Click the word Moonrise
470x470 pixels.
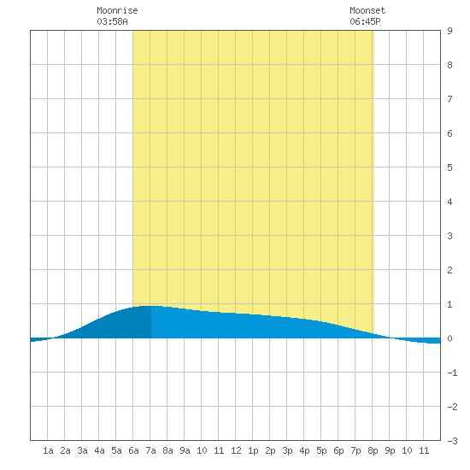click(x=117, y=10)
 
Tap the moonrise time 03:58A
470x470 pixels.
click(x=112, y=21)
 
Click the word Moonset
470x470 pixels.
click(x=367, y=10)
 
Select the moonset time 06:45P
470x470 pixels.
click(x=365, y=21)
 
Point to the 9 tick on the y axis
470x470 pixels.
click(x=449, y=31)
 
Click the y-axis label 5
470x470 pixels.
click(x=449, y=167)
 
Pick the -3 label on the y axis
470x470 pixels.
click(x=452, y=441)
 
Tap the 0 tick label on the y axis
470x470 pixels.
click(x=449, y=338)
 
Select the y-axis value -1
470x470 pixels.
click(x=452, y=373)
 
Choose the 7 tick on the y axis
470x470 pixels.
click(x=449, y=99)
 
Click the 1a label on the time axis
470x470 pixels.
click(x=48, y=450)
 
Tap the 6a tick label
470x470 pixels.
click(x=133, y=450)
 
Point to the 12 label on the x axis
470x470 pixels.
click(x=236, y=450)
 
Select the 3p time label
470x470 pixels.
click(x=287, y=450)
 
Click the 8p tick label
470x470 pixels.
click(x=373, y=450)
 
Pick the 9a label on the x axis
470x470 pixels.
click(x=185, y=450)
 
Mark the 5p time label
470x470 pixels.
click(x=321, y=450)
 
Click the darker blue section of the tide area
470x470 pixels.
click(x=120, y=326)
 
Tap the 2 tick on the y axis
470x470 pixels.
click(x=449, y=270)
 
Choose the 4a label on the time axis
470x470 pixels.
click(x=99, y=450)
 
